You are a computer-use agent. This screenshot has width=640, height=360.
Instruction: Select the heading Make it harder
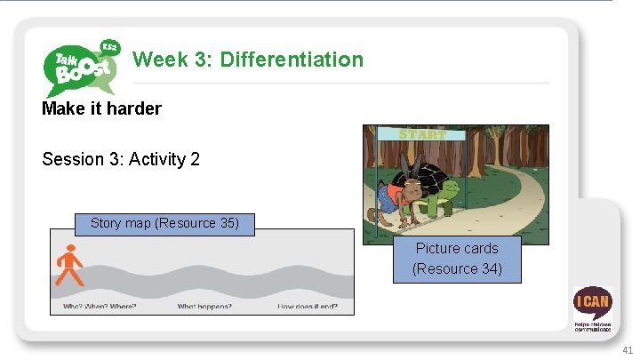point(101,108)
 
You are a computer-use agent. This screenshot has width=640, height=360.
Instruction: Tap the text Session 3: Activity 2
point(121,159)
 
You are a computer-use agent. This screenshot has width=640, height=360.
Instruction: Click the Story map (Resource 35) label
point(164,223)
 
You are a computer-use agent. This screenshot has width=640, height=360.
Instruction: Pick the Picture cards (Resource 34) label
point(457,258)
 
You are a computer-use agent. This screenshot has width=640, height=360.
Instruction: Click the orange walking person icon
point(68,266)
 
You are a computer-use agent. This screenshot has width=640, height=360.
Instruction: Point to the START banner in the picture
point(422,134)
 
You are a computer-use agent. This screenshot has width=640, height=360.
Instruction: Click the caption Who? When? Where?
point(100,307)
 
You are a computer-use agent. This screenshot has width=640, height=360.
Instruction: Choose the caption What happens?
point(204,307)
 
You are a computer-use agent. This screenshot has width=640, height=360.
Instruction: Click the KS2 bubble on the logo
point(109,47)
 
